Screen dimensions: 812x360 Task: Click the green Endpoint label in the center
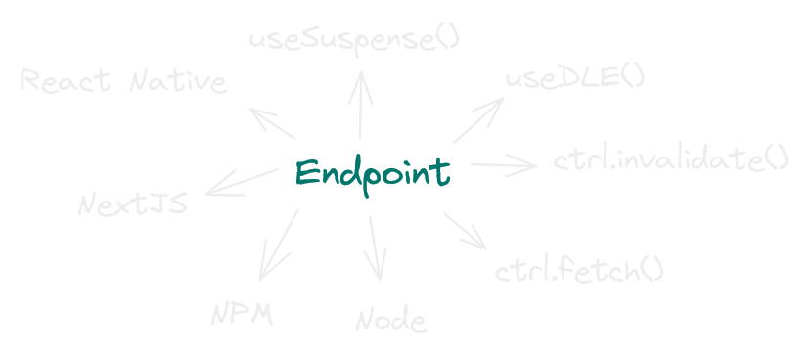coord(373,173)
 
